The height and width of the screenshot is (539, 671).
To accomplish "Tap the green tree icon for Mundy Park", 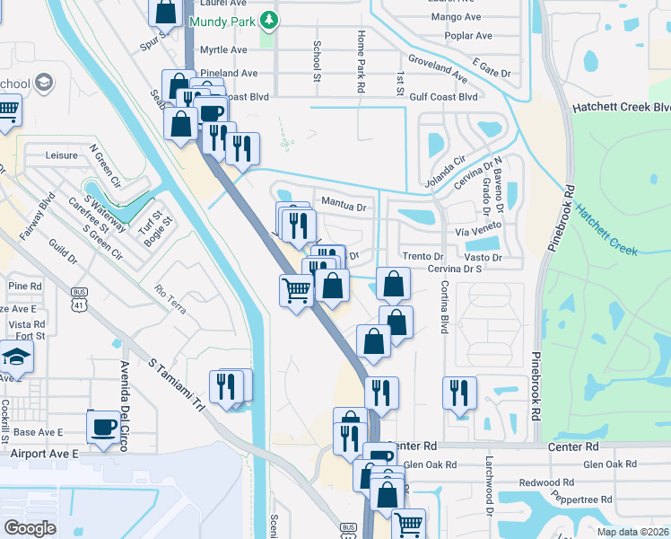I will coord(268,20).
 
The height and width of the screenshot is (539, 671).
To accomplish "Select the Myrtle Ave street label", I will coord(223,49).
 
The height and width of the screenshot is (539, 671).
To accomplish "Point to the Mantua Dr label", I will coord(344,207).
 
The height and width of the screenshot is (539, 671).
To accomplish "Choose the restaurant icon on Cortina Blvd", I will coord(459,393).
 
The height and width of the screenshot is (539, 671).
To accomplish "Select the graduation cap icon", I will coord(16,358).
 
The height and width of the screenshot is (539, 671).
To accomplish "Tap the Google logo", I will coord(30,527).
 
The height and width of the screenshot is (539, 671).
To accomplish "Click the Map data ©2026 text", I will coord(632,532).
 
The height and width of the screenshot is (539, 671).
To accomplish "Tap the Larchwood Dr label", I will coord(491,493).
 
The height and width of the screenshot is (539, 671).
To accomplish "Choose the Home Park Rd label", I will coord(361,61).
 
